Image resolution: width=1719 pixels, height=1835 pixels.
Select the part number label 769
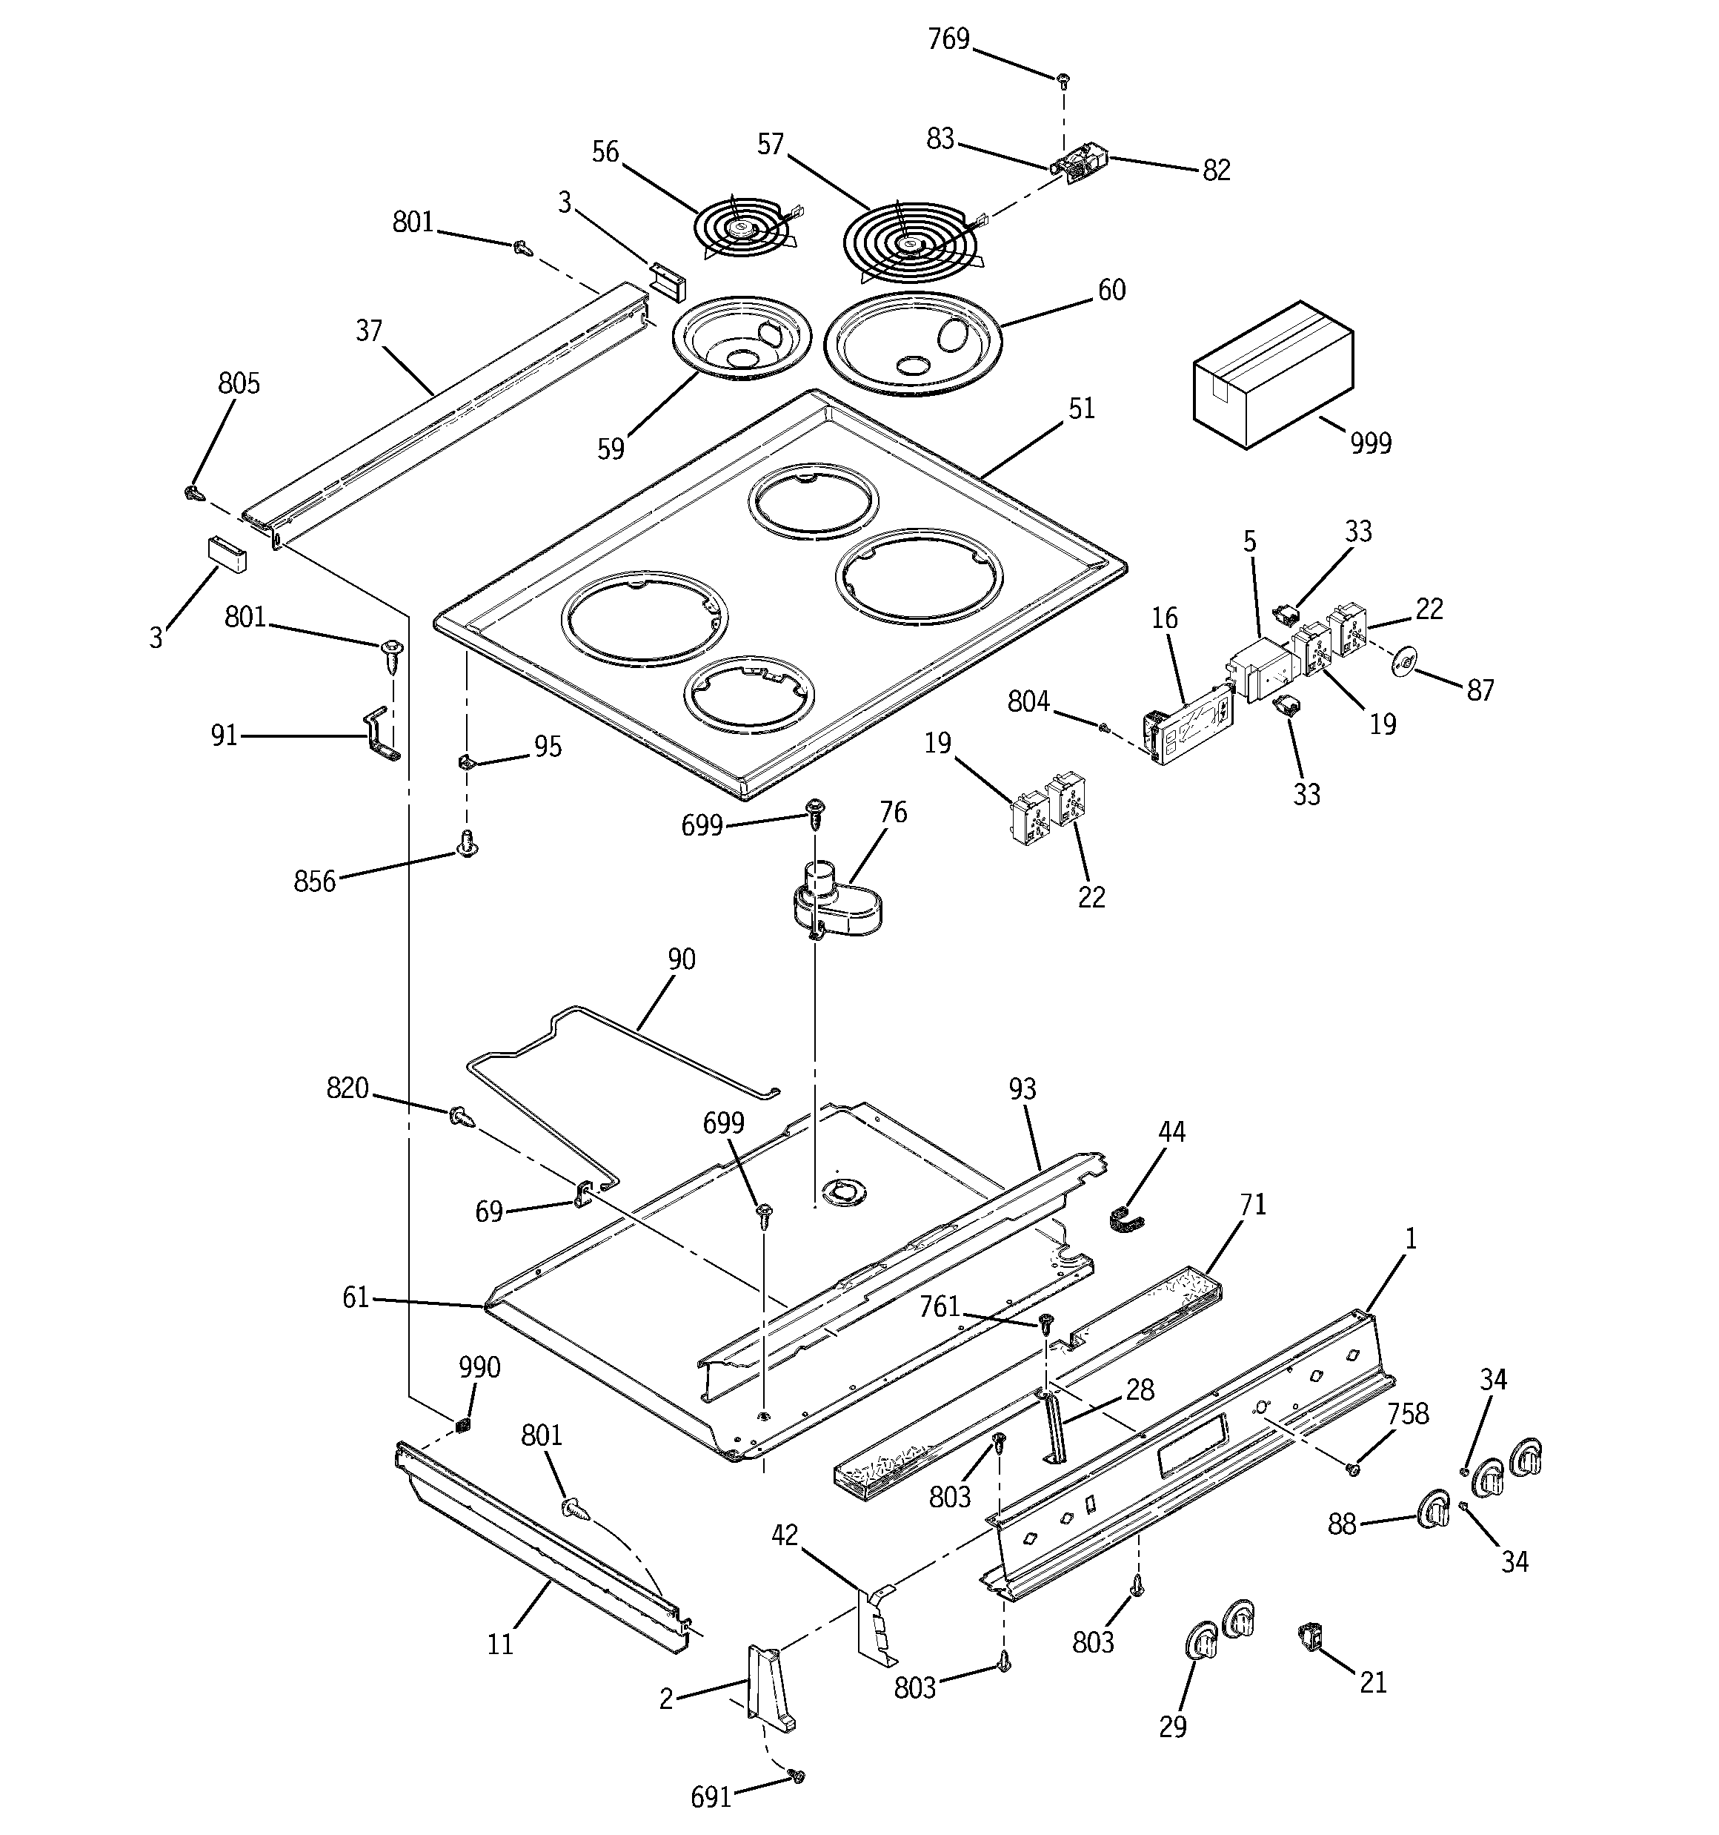948,40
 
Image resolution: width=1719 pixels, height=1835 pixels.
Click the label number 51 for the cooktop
1080,409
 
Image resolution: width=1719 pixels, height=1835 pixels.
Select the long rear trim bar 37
443,415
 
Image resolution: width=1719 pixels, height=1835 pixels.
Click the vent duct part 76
834,904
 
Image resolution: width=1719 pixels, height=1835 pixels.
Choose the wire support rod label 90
681,960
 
